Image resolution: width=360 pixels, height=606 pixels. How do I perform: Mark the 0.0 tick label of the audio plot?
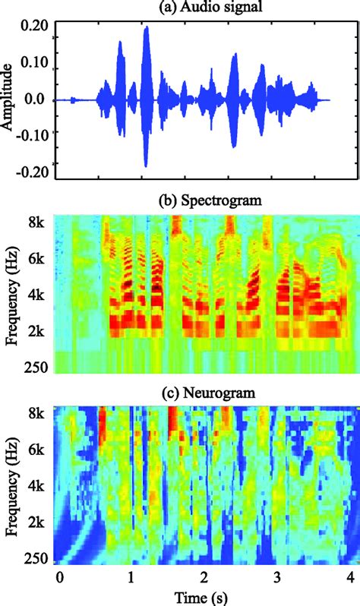click(38, 99)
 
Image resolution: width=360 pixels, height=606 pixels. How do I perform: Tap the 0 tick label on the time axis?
click(59, 578)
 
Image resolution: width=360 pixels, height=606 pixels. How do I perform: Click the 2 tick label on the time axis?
click(204, 578)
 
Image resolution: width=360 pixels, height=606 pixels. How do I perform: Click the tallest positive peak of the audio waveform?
click(146, 28)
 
